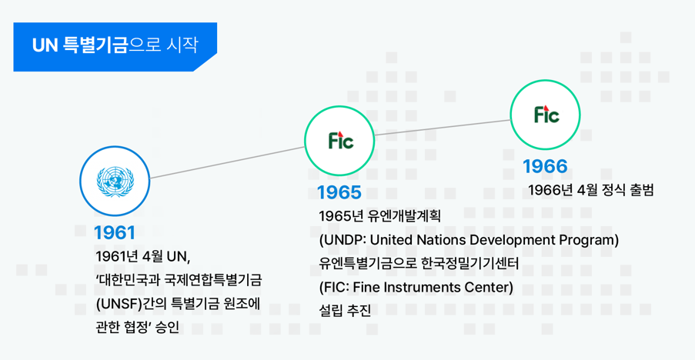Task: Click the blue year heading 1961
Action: pyautogui.click(x=115, y=233)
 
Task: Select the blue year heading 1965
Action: pyautogui.click(x=339, y=192)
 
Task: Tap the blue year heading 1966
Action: pyautogui.click(x=545, y=166)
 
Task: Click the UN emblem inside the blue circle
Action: pyautogui.click(x=115, y=181)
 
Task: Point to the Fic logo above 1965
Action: pyautogui.click(x=340, y=140)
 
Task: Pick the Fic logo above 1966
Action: pyautogui.click(x=546, y=115)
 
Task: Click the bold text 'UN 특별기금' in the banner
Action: pyautogui.click(x=80, y=45)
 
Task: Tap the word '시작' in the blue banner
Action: pyautogui.click(x=182, y=45)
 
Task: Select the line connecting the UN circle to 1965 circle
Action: pyautogui.click(x=227, y=162)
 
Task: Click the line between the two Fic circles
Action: pyautogui.click(x=443, y=128)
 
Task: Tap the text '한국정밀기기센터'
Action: pyautogui.click(x=469, y=264)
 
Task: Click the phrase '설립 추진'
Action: pyautogui.click(x=345, y=311)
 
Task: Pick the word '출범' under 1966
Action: pyautogui.click(x=641, y=191)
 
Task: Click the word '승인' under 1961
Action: pyautogui.click(x=168, y=327)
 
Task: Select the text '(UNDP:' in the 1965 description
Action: pyautogui.click(x=342, y=240)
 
